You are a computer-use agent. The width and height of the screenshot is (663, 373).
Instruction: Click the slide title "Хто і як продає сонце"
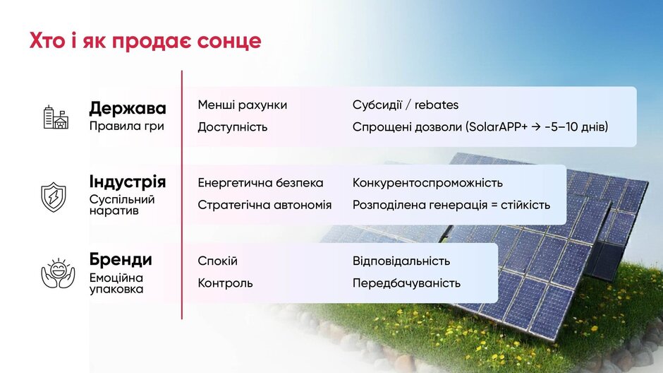(x=145, y=41)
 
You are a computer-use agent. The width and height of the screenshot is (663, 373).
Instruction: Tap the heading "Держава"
(x=127, y=108)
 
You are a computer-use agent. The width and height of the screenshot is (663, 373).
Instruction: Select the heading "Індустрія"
(x=127, y=182)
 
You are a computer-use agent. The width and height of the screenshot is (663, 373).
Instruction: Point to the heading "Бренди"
(x=121, y=259)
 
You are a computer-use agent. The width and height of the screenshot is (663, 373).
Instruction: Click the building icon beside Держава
(x=56, y=117)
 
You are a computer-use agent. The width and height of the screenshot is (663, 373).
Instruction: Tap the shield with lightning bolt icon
(x=54, y=197)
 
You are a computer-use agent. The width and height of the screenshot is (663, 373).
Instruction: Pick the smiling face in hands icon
(x=58, y=273)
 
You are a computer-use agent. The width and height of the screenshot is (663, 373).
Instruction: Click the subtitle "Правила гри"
(x=126, y=126)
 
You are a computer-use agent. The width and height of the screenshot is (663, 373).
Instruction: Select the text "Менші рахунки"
(x=243, y=105)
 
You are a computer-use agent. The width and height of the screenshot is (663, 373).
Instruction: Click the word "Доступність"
(x=233, y=127)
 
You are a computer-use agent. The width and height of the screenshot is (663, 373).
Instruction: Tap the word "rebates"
(x=437, y=105)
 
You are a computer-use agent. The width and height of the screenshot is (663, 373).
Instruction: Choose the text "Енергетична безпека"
(x=260, y=183)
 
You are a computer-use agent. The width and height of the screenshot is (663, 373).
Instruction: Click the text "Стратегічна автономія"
(x=264, y=205)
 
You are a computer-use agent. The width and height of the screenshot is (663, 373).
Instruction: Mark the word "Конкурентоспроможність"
(x=427, y=183)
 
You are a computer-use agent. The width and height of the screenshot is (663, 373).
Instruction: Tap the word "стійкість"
(x=525, y=205)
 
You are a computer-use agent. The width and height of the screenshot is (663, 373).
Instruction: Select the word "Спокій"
(x=218, y=261)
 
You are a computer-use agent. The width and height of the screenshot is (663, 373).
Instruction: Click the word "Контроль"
(x=226, y=283)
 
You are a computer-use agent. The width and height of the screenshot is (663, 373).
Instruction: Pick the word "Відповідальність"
(x=401, y=261)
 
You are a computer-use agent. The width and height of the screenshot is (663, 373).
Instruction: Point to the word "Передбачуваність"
(x=406, y=283)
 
